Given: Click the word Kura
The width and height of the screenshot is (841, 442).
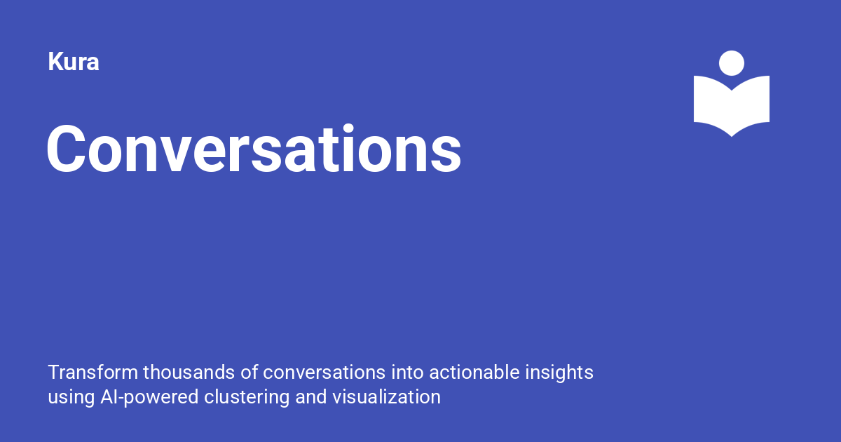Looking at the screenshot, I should click(74, 62).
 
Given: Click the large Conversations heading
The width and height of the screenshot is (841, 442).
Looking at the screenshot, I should click(254, 150).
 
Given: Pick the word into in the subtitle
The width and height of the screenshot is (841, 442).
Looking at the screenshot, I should click(407, 372).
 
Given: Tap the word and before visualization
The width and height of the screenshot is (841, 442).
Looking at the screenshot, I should click(311, 397).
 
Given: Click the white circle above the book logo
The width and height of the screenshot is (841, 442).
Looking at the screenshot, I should click(732, 63).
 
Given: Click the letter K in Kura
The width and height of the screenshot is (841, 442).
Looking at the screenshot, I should click(54, 62).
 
